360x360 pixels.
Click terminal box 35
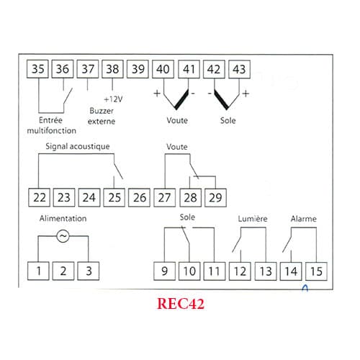pyautogui.click(x=37, y=69)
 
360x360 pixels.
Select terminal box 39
pyautogui.click(x=138, y=69)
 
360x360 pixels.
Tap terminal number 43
pyautogui.click(x=239, y=69)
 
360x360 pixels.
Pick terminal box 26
pyautogui.click(x=139, y=198)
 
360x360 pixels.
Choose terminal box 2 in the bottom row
pyautogui.click(x=63, y=271)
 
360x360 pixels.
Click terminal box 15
pyautogui.click(x=316, y=271)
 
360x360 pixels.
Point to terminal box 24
pyautogui.click(x=89, y=198)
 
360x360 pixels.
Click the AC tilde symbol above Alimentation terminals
pyautogui.click(x=63, y=236)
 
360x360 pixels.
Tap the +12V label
pyautogui.click(x=113, y=99)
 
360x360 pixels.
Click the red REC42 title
pyautogui.click(x=181, y=304)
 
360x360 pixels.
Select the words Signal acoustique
pyautogui.click(x=78, y=146)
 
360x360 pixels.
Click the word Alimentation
pyautogui.click(x=63, y=218)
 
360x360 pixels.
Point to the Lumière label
pyautogui.click(x=253, y=219)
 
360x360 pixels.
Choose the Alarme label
pyautogui.click(x=304, y=219)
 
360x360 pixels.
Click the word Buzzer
pyautogui.click(x=102, y=111)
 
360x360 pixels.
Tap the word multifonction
pyautogui.click(x=51, y=130)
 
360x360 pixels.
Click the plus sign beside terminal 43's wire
pyautogui.click(x=246, y=94)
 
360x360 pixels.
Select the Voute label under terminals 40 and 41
pyautogui.click(x=177, y=120)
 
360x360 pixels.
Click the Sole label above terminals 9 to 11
pyautogui.click(x=187, y=217)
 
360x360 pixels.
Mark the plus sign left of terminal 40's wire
pyautogui.click(x=157, y=93)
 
